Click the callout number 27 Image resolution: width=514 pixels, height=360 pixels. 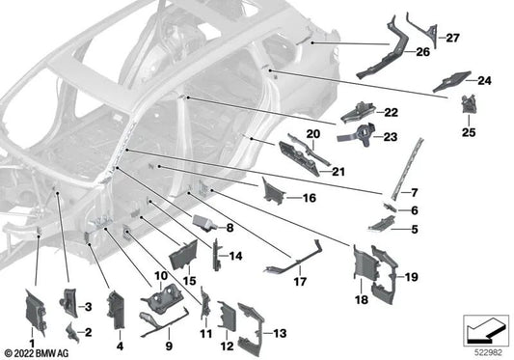452,38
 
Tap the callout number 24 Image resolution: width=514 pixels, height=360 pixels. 484,80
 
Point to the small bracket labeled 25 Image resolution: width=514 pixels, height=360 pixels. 469,103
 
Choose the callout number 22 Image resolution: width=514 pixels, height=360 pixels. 392,113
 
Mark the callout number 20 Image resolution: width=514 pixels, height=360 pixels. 313,134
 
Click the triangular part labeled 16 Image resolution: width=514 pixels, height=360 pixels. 273,190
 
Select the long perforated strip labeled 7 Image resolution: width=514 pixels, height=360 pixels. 407,169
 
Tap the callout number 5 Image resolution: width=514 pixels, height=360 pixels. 415,229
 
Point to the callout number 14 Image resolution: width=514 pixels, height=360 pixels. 235,256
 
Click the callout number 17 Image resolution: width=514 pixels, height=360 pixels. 300,282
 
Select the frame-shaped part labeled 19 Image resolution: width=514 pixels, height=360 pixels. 385,274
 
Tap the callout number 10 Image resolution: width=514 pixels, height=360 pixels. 161,276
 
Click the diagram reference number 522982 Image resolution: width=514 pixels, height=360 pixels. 489,352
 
